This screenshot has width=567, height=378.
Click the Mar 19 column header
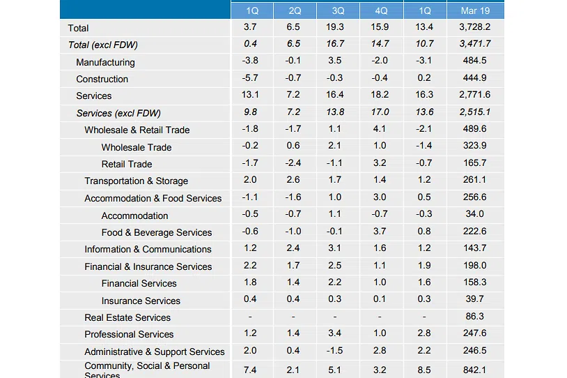[x=475, y=10]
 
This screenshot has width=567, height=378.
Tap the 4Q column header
[x=380, y=10]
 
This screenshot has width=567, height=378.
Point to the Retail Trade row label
[x=127, y=164]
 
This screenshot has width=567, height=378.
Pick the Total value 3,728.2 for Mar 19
[x=475, y=28]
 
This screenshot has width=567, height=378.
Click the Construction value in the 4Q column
[x=380, y=79]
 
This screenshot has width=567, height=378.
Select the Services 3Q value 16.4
[x=336, y=96]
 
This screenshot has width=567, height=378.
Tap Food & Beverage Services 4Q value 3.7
[x=380, y=232]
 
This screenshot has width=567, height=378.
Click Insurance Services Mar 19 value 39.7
[x=475, y=301]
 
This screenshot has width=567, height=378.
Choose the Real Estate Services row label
[x=127, y=317]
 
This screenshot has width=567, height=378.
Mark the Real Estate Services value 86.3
[x=475, y=317]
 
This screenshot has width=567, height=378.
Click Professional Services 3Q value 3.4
[x=336, y=334]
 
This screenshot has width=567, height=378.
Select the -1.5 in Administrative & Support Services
[x=336, y=351]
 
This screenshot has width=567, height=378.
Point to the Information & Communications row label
[x=148, y=249]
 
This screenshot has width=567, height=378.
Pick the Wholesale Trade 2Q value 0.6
[x=293, y=147]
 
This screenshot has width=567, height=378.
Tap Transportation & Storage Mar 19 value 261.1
[x=475, y=181]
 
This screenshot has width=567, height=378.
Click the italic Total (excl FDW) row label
[x=102, y=45]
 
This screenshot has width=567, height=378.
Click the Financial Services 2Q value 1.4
[x=293, y=283]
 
